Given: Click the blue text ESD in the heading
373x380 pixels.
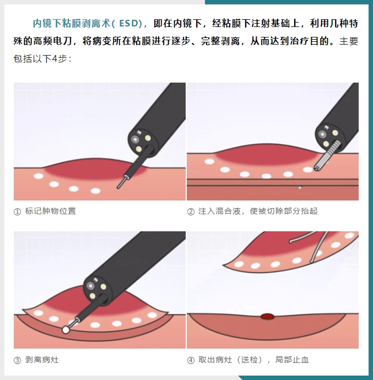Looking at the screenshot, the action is (x=129, y=24).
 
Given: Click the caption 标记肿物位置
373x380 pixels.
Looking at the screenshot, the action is (x=51, y=211).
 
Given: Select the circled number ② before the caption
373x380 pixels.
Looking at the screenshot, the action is (x=191, y=211).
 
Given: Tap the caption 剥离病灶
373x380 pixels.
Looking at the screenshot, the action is (x=42, y=360).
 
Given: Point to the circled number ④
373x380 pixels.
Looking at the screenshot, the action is (x=191, y=360).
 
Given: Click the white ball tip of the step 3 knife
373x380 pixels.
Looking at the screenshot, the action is (x=66, y=329).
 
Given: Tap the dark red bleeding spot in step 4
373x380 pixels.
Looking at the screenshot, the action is (x=268, y=316).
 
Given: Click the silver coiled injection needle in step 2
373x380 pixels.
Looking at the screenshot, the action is (x=326, y=156).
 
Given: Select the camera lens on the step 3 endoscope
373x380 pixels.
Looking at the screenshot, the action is (x=90, y=286).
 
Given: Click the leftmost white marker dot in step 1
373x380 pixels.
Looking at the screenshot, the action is (x=39, y=176).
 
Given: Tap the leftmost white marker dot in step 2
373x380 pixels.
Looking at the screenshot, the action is (x=209, y=162).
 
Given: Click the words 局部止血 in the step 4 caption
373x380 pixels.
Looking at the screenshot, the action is (x=292, y=360).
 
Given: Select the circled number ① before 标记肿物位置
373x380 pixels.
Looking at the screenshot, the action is (x=17, y=211).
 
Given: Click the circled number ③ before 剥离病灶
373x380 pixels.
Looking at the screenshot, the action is (x=17, y=360).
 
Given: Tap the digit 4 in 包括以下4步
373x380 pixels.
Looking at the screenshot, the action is (x=55, y=58).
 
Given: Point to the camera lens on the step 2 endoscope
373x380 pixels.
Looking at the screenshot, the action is (x=322, y=134).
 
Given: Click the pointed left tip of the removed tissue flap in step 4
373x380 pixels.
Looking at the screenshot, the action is (x=223, y=265).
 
